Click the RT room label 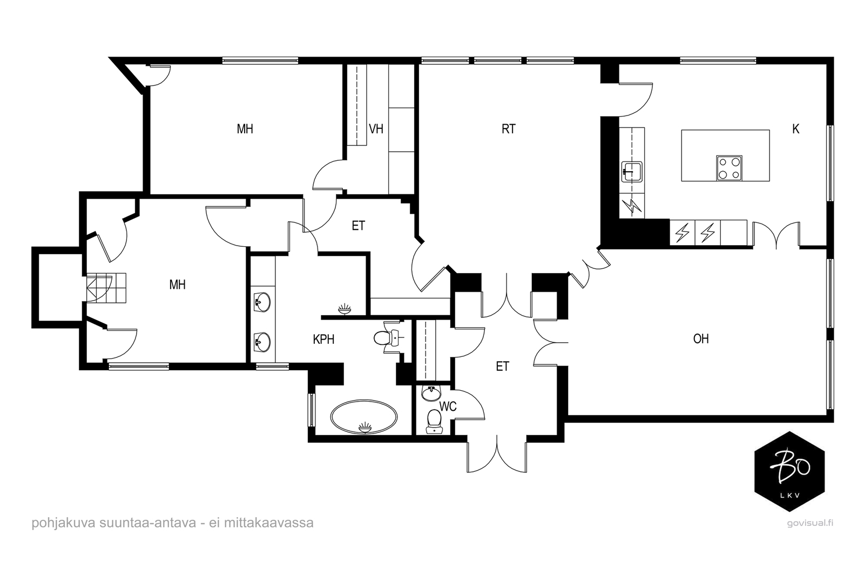[508, 129]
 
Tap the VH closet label [376, 129]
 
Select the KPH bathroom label [323, 339]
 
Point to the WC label [448, 406]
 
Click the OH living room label [701, 339]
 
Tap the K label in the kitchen [796, 129]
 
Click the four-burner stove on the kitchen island [729, 168]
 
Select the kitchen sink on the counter [632, 172]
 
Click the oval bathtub [364, 417]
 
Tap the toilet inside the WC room [434, 422]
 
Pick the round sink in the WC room [431, 393]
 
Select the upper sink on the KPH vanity [262, 301]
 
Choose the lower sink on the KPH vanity [262, 342]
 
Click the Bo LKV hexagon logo [789, 471]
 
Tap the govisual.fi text [810, 523]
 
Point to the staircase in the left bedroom [106, 288]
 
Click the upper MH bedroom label [245, 129]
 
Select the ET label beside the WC [502, 366]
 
